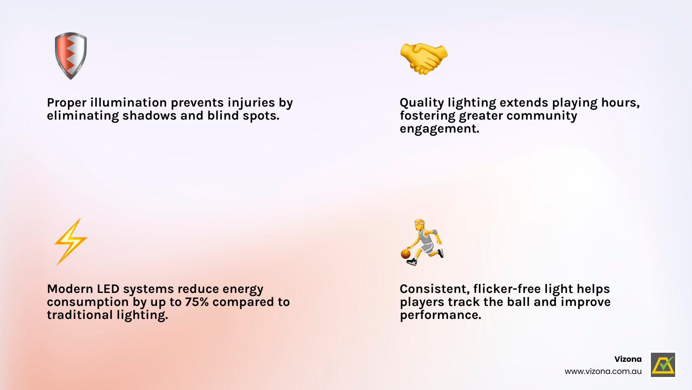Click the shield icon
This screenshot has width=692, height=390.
coord(71,56)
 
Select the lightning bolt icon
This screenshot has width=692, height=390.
coord(71,242)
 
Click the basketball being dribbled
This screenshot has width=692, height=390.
coord(405,254)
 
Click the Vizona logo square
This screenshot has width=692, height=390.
coord(663,364)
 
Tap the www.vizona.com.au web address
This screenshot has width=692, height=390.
coord(603,371)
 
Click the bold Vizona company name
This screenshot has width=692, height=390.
coord(628,359)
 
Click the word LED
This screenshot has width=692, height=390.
coord(108,289)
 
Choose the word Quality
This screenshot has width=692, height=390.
coord(422,103)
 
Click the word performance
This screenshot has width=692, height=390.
coord(441,315)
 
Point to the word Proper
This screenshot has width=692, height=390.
coord(67,103)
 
